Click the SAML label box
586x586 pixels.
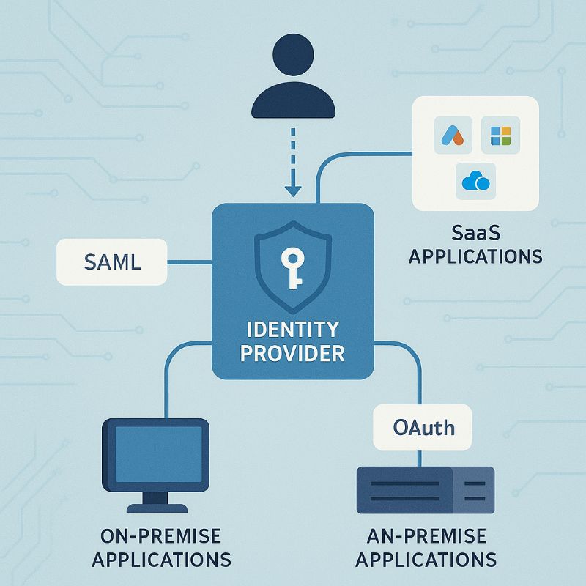pyautogui.click(x=112, y=262)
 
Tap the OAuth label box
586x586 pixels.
pyautogui.click(x=423, y=428)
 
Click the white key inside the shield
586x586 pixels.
pyautogui.click(x=292, y=268)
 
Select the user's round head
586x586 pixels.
pyautogui.click(x=294, y=54)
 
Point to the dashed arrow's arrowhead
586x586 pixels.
pyautogui.click(x=293, y=190)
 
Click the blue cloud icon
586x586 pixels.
pyautogui.click(x=475, y=181)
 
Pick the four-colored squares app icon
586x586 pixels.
pyautogui.click(x=500, y=136)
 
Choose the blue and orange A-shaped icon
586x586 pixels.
pyautogui.click(x=453, y=135)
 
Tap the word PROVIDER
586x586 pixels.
pyautogui.click(x=292, y=354)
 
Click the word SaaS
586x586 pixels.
pyautogui.click(x=475, y=233)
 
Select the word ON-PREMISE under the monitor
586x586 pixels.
pyautogui.click(x=160, y=536)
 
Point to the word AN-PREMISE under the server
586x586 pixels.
pyautogui.click(x=426, y=536)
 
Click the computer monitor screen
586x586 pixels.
pyautogui.click(x=158, y=454)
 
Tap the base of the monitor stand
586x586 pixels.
pyautogui.click(x=157, y=508)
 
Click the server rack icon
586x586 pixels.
pyautogui.click(x=426, y=490)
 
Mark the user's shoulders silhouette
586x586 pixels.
pyautogui.click(x=294, y=100)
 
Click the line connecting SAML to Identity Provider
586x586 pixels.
pyautogui.click(x=190, y=262)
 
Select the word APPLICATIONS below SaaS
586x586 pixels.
pyautogui.click(x=475, y=257)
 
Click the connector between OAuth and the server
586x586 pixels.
pyautogui.click(x=419, y=459)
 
